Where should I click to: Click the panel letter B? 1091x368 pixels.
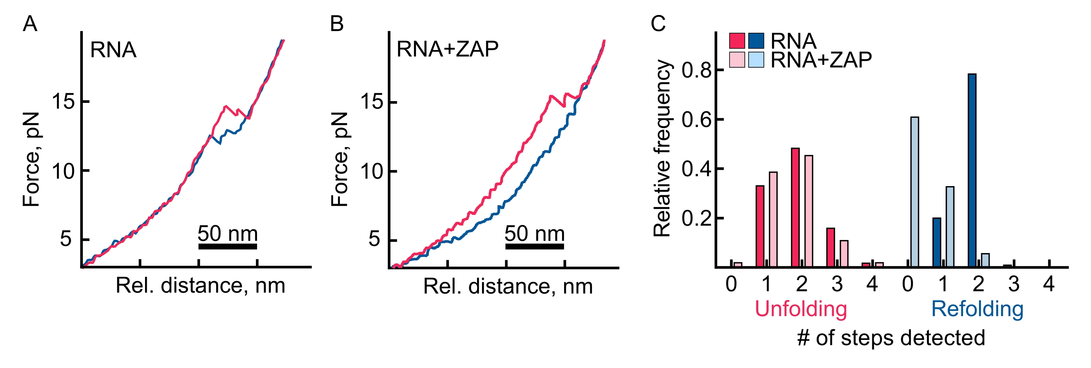(x=337, y=24)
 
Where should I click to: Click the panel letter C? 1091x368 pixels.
(x=658, y=24)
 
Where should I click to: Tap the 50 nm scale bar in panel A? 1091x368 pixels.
(x=228, y=246)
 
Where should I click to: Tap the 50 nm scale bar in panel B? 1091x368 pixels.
(x=535, y=246)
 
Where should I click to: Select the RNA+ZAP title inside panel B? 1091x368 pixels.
(x=447, y=49)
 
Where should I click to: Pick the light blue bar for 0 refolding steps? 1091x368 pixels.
(x=915, y=191)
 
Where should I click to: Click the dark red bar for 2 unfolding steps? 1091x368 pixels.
(x=795, y=207)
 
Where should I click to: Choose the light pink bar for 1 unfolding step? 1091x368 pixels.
(x=773, y=219)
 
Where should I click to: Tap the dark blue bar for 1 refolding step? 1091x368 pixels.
(x=937, y=242)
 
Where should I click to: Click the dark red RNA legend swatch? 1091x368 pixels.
(x=737, y=41)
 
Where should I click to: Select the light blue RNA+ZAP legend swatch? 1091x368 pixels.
(x=756, y=60)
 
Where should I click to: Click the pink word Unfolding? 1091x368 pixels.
(x=801, y=309)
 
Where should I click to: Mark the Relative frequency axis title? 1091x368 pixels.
(x=662, y=148)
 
